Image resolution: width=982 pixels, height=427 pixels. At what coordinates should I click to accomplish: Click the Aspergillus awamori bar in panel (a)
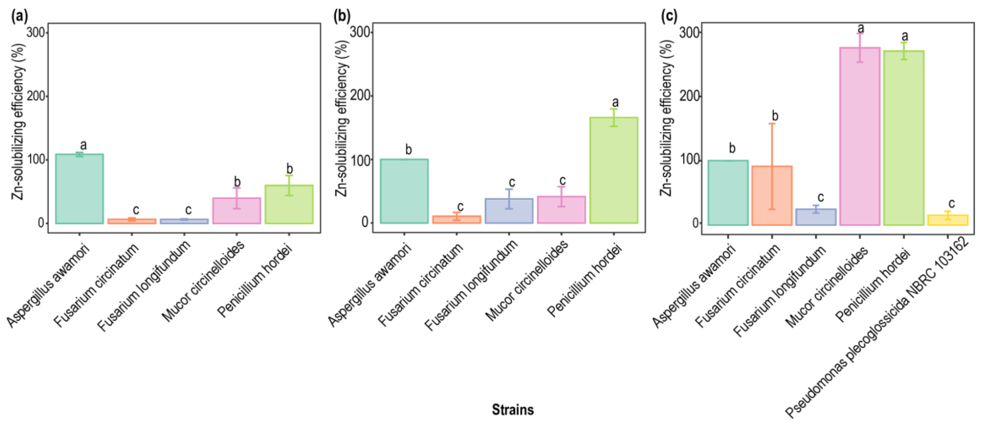tap(79, 189)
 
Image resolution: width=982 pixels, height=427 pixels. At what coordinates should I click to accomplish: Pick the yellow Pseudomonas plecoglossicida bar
tap(948, 220)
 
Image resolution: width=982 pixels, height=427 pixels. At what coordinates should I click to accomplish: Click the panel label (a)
tap(19, 17)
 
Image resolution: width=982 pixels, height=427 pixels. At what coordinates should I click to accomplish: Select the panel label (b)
tap(342, 17)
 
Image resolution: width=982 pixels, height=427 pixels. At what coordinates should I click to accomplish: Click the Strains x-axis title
tap(513, 410)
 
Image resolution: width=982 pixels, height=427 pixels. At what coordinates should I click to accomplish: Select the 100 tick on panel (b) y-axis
tap(361, 159)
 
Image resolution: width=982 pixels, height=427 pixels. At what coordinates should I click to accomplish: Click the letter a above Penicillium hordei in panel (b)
tap(615, 102)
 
